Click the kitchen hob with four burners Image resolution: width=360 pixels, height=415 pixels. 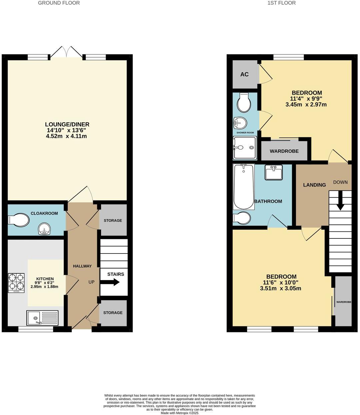(x=16, y=283)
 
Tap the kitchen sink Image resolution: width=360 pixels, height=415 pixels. (x=43, y=318)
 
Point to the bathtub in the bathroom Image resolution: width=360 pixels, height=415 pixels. (x=244, y=187)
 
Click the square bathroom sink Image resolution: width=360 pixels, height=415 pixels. (x=274, y=172)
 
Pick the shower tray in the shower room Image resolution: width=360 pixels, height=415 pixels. (x=245, y=148)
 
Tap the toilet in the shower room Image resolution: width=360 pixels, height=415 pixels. (x=244, y=103)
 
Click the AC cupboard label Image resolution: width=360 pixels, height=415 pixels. (x=244, y=74)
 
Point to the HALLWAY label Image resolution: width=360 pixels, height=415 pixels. (x=82, y=266)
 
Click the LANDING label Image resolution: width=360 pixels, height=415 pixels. (x=314, y=185)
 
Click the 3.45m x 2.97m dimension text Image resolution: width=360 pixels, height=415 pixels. (x=306, y=105)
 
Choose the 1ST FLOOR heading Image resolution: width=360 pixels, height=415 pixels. (x=281, y=3)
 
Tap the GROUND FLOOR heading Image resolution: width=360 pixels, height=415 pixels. (x=59, y=3)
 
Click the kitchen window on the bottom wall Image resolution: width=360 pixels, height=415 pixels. (x=36, y=329)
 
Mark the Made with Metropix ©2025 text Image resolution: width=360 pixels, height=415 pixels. (x=179, y=413)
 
